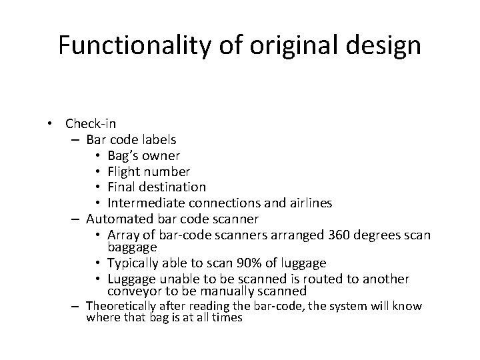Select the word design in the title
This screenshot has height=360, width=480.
[x=386, y=45]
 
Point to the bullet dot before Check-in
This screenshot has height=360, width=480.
[x=50, y=123]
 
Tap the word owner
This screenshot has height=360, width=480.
[x=160, y=155]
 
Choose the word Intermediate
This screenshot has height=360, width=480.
[x=143, y=203]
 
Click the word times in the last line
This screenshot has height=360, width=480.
[x=227, y=317]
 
